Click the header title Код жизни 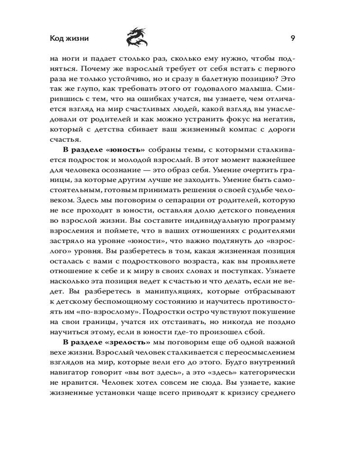coord(69,38)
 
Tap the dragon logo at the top coord(136,36)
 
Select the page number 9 coord(292,38)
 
